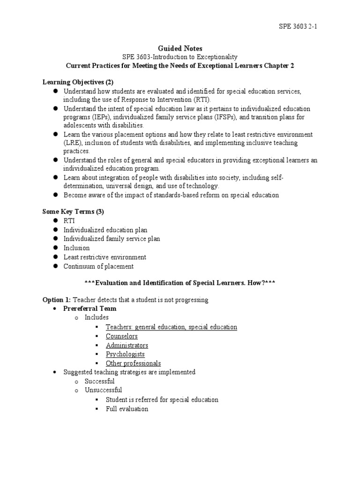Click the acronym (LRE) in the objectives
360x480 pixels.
(74, 143)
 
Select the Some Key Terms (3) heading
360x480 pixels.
(73, 211)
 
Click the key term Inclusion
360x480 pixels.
(76, 248)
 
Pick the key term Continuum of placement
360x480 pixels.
(98, 266)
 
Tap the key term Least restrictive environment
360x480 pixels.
(105, 257)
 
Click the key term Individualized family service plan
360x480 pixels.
(112, 239)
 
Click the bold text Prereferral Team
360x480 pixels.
(90, 309)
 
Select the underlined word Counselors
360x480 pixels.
(121, 336)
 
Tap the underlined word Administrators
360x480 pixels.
(127, 345)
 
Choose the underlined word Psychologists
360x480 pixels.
(125, 354)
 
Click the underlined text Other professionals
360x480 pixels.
(133, 363)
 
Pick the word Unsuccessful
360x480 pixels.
(103, 390)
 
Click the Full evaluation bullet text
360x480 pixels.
(127, 409)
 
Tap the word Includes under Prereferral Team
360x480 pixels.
(97, 318)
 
